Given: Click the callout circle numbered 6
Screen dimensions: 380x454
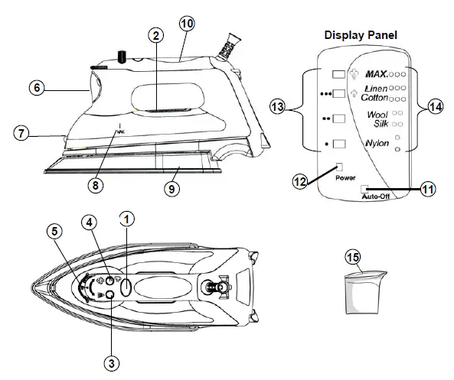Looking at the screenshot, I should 36,87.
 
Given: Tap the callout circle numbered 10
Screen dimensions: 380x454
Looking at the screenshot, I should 187,23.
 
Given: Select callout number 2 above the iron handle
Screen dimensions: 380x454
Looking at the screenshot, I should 155,35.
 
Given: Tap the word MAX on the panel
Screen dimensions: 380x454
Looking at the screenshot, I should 375,75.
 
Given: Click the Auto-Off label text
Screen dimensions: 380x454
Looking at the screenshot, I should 374,196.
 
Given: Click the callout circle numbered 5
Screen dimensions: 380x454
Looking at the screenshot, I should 54,230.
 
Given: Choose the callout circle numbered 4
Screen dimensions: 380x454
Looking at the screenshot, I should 91,222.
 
